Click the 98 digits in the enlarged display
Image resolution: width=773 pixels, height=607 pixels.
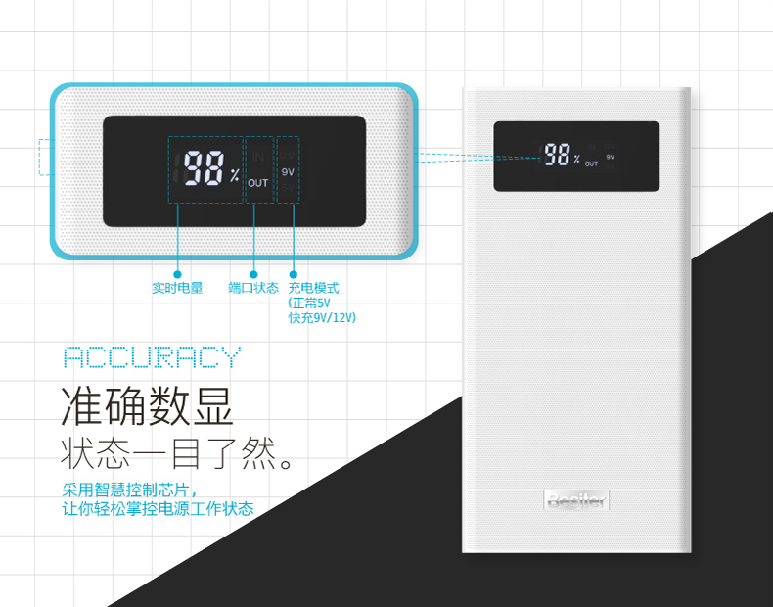click(x=205, y=168)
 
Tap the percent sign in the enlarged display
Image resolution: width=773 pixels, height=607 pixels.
click(x=235, y=176)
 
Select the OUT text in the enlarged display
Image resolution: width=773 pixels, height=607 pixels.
click(x=257, y=183)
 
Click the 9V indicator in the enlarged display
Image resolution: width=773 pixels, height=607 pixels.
click(x=288, y=171)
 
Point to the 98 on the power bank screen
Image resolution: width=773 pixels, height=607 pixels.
click(x=557, y=155)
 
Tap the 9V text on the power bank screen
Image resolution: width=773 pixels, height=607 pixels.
click(x=610, y=157)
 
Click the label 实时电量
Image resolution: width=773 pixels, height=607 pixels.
click(x=177, y=289)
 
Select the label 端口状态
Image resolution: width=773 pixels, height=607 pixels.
click(x=253, y=289)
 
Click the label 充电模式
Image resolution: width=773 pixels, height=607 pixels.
click(x=313, y=289)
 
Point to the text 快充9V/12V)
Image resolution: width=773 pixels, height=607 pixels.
click(x=322, y=317)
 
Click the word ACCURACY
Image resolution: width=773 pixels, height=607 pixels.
click(x=151, y=357)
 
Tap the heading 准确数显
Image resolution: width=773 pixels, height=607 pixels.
click(x=148, y=406)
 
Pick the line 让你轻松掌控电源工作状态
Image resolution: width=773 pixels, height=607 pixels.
click(x=158, y=509)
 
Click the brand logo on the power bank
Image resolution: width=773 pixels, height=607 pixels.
click(x=576, y=500)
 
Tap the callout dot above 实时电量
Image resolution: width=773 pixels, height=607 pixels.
click(x=178, y=274)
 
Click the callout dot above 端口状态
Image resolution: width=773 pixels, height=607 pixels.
click(x=254, y=274)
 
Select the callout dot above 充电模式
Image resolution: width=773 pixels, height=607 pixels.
click(x=292, y=274)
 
